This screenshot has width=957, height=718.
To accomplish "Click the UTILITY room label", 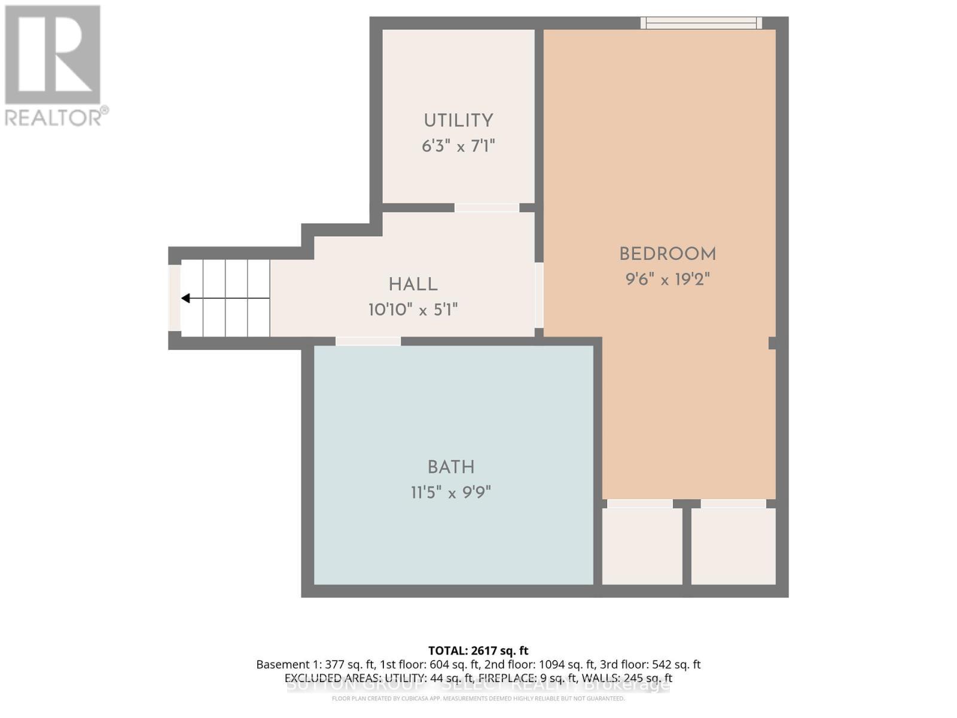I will pos(458,121).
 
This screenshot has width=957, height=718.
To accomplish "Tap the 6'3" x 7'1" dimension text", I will pos(458,146).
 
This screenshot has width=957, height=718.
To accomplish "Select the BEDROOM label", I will pos(668,254).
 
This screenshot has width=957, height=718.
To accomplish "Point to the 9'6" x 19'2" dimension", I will pos(668,279).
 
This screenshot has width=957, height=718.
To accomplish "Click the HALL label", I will pos(413,285).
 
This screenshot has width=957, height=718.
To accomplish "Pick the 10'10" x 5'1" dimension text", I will pos(413,310).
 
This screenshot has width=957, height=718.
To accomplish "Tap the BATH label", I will pos(451,467).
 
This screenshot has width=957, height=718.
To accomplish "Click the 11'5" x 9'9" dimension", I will pos(451,492).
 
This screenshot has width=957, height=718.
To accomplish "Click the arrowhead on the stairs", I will pos(186,298).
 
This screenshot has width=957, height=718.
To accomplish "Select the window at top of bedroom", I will pos(701,23).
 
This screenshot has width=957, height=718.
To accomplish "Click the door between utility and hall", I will pos(486,208).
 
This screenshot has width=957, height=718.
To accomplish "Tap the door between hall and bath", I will pos(368,341).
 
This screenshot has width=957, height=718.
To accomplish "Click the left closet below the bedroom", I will pos(642,546).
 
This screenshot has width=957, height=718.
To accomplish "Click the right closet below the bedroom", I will pos(733,546).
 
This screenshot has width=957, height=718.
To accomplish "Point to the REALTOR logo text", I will pos(56,117).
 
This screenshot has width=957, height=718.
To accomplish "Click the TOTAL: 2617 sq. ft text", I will pos(478,650).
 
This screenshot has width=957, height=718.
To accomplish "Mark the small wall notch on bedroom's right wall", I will pos(772,343).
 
